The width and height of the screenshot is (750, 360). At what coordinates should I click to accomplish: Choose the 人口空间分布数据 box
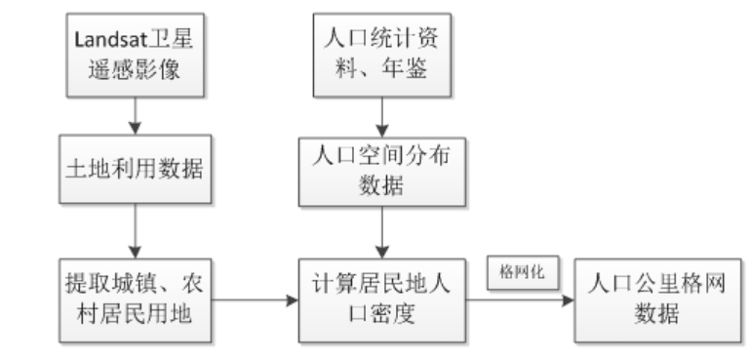click(380, 168)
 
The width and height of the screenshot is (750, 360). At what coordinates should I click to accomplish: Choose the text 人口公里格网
click(635, 287)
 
